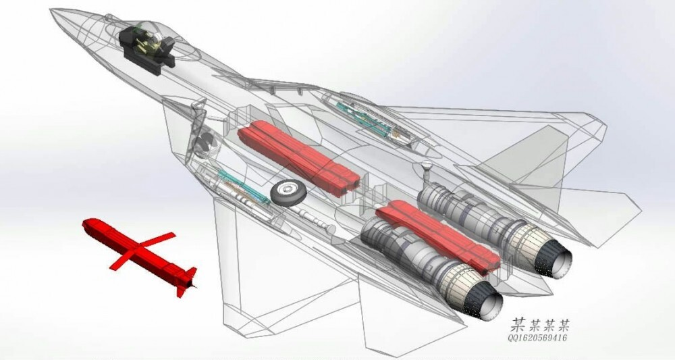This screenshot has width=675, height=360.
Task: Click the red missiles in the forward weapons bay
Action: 299,158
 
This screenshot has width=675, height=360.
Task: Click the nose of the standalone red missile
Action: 85,224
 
